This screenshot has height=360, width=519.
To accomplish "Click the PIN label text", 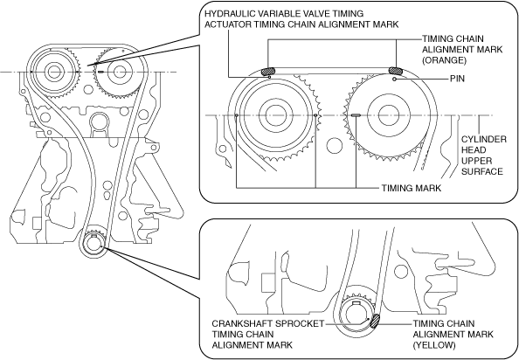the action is (x=457, y=79).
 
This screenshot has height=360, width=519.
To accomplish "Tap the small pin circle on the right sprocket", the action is (x=394, y=80).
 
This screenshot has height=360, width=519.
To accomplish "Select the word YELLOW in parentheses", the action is (x=434, y=345).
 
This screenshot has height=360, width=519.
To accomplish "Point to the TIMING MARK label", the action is (x=412, y=188).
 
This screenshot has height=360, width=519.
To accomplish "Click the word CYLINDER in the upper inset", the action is (x=484, y=139).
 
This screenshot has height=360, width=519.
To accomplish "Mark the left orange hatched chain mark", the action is (x=268, y=71).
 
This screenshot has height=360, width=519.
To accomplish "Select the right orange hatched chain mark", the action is (x=395, y=70).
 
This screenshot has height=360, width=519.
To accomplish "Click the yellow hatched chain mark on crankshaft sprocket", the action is (x=375, y=321).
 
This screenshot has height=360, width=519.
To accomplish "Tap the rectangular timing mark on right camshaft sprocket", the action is (x=356, y=115).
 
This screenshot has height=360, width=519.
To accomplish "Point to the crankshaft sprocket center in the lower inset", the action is (x=356, y=315).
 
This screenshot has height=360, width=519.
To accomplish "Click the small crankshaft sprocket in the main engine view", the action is (x=94, y=245).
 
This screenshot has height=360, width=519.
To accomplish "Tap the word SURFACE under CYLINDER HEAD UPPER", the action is (x=482, y=171).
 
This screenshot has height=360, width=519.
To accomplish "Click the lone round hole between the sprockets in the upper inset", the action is (x=334, y=144).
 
